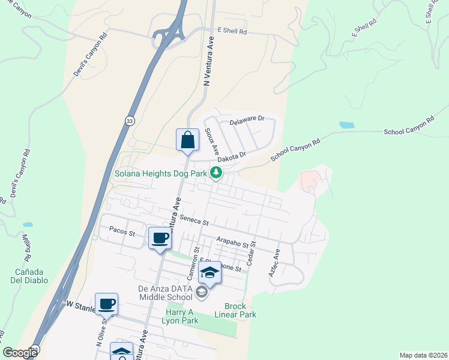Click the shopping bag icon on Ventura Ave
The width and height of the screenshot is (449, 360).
187,140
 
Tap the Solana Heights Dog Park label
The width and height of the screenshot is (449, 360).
160,174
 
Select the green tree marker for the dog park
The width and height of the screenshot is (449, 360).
216,174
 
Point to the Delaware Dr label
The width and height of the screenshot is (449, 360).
247,121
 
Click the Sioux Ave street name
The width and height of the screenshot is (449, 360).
211,140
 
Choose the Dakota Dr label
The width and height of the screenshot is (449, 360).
232,156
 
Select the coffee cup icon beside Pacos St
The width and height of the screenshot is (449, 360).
160,239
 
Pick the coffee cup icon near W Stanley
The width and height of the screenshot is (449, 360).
107,304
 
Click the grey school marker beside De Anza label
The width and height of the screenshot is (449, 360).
202,293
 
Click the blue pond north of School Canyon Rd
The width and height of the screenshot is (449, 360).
346,125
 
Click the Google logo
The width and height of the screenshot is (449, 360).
20,353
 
